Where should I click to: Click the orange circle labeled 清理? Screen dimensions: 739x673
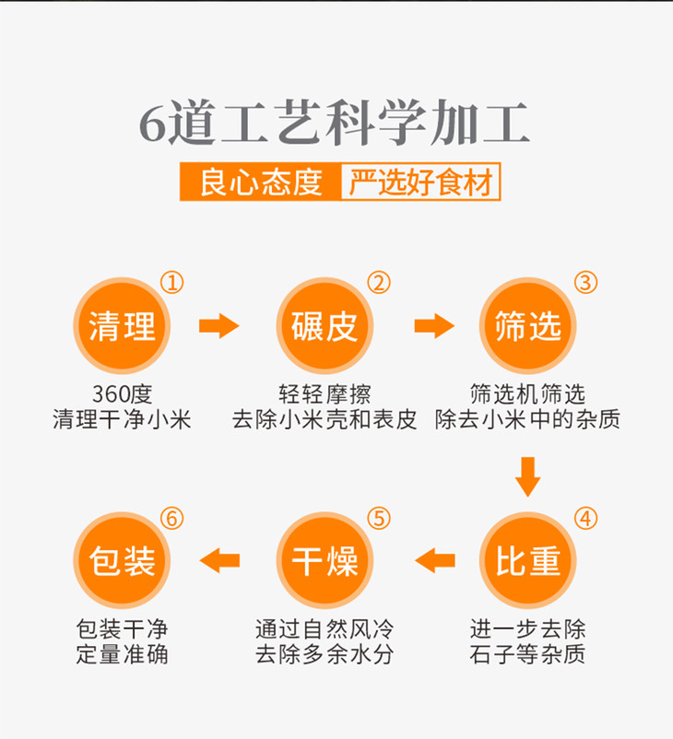pos(122,326)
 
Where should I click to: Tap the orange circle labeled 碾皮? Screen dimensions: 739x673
pos(325,326)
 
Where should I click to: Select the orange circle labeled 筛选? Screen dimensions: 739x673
pos(528,326)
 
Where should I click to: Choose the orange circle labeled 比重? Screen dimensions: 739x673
pos(528,559)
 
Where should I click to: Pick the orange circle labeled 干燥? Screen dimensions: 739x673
pos(325,559)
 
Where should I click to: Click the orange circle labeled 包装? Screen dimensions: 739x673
pos(122,559)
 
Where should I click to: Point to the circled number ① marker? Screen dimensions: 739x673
pos(173,282)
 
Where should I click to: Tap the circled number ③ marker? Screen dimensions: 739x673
pos(585,282)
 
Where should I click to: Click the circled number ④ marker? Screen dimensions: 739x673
pos(585,518)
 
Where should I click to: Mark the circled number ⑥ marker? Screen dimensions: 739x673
pos(172,518)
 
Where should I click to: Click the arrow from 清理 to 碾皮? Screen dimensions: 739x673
pos(218,326)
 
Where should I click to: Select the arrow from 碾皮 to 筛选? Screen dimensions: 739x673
pos(433,326)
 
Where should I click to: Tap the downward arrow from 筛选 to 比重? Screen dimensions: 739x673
pos(528,475)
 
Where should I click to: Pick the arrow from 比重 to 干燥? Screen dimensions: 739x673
pos(435,559)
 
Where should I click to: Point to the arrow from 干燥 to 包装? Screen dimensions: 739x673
pos(220,559)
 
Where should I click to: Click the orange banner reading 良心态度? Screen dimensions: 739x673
pos(260,182)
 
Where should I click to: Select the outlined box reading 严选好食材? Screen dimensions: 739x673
pos(420,182)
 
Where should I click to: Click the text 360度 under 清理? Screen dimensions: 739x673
pos(122,394)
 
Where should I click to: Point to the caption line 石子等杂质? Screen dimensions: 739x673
pos(528,655)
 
